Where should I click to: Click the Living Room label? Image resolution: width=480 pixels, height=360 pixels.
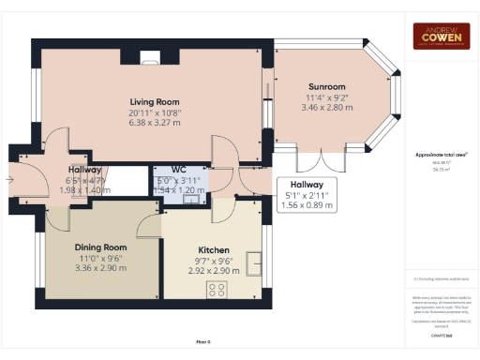(154, 101)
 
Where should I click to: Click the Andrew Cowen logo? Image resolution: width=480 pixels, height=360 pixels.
(442, 36)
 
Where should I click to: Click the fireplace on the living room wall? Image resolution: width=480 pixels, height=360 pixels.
(150, 57)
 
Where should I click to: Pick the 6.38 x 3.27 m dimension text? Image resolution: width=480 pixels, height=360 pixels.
(154, 122)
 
